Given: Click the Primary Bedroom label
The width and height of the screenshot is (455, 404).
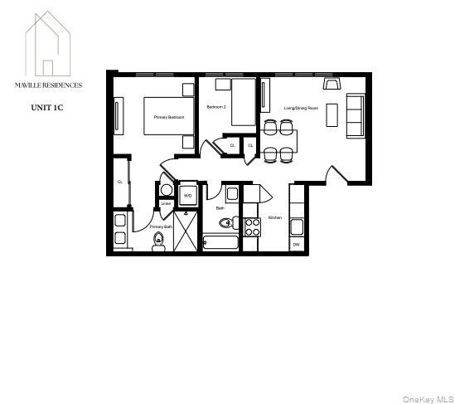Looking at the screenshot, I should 168,117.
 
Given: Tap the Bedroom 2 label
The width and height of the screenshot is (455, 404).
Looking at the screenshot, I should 216,108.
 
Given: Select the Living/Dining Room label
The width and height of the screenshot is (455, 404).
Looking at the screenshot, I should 302,108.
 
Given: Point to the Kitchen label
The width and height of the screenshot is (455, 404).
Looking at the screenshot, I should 274,217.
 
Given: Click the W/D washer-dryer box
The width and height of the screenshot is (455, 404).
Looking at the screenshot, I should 187,196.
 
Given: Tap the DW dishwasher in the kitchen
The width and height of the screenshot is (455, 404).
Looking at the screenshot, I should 296,245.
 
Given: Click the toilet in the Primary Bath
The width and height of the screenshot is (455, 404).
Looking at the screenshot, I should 159,241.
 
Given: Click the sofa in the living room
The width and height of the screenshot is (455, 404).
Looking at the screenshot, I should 354,116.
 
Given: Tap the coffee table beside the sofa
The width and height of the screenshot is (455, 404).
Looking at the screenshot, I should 332,114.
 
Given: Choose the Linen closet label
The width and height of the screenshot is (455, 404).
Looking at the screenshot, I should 166,203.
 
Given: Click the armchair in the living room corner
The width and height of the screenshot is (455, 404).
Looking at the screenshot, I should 333,84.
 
